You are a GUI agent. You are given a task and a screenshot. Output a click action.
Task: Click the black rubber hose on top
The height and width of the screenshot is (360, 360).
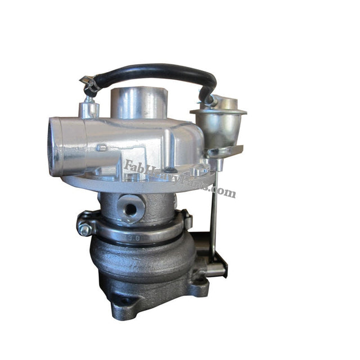click(x=152, y=70)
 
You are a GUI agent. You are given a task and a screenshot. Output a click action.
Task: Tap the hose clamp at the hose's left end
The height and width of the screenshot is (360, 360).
click(x=89, y=84)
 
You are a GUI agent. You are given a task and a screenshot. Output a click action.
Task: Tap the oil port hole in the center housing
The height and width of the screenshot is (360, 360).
click(x=130, y=209)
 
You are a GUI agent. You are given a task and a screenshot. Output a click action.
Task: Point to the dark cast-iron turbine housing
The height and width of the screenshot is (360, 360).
click(x=141, y=264)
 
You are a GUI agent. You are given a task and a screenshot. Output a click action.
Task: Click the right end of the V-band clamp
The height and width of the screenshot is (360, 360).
click(x=186, y=220)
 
